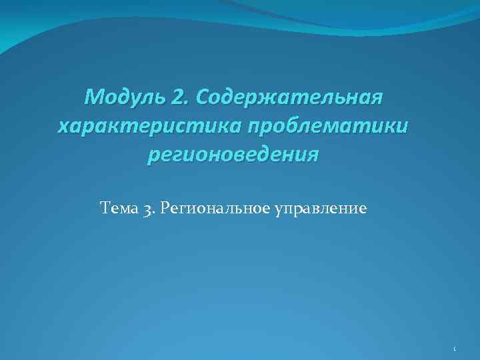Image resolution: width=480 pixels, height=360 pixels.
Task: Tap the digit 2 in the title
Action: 179,99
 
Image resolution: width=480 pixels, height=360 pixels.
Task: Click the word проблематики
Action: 325,127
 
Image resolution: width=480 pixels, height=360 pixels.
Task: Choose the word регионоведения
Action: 233,155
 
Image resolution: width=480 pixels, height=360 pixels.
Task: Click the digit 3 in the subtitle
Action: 147,210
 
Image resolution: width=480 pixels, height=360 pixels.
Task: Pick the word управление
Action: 320,210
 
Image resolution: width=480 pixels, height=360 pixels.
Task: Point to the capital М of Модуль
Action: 94,99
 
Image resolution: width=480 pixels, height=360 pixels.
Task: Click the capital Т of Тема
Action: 104,209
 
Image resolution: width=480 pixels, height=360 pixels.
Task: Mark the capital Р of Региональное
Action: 165,209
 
